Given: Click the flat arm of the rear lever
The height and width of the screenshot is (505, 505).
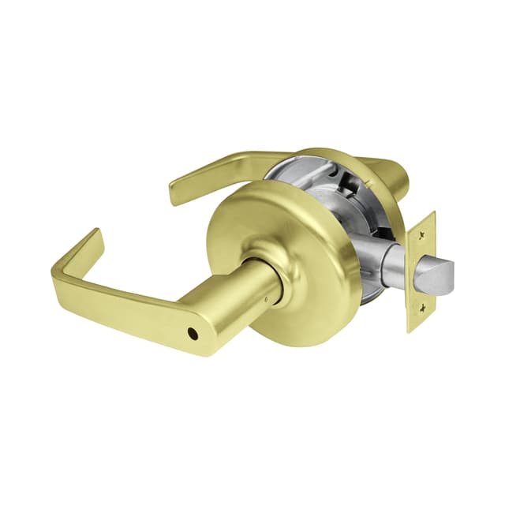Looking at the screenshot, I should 229,166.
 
